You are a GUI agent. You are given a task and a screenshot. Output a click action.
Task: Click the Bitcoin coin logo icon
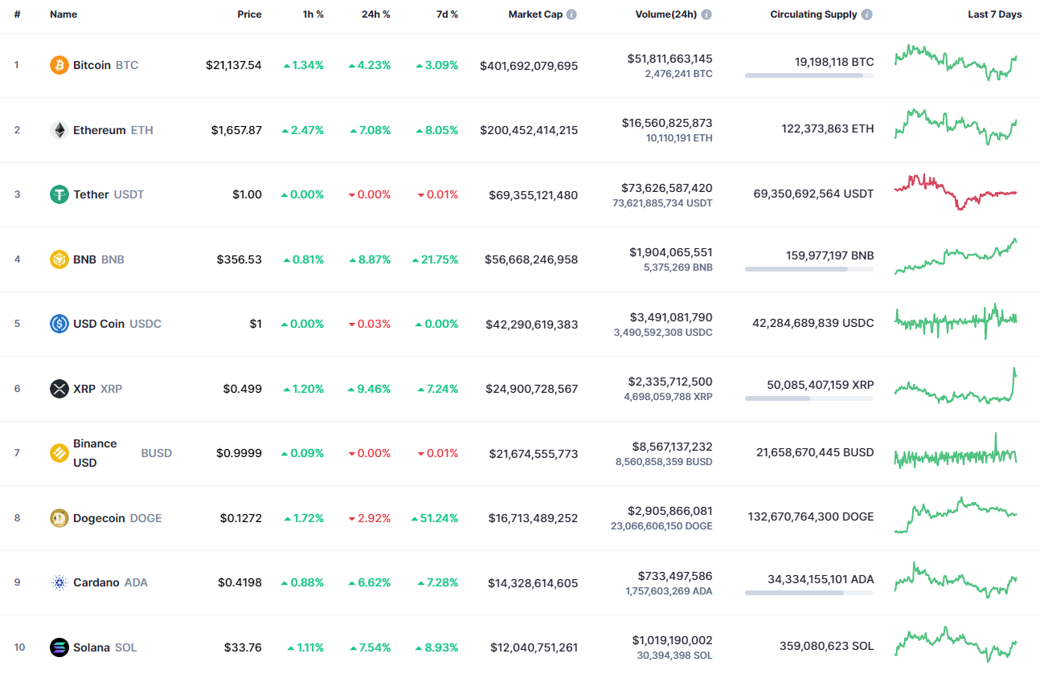coord(59,65)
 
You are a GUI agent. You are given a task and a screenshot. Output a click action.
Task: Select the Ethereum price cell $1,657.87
coord(236,130)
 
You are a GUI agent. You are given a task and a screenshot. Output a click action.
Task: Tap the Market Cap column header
coord(535,14)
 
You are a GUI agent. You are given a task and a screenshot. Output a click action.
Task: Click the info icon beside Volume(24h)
coord(706,14)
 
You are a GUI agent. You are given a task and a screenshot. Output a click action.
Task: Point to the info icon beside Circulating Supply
coord(867,14)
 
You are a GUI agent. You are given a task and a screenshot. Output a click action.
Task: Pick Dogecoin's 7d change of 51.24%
coord(437,518)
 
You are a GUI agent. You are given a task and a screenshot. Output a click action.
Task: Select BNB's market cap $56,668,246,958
coord(531,259)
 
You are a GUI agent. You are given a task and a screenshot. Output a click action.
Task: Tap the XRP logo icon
coord(59,389)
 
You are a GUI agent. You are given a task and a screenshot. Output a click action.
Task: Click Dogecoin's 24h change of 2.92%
coord(370,518)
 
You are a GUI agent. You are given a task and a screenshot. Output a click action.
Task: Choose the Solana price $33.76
coord(243,647)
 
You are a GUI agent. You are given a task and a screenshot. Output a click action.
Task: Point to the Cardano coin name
coord(96,582)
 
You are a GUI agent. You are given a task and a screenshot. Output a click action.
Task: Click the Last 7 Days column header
coord(994,14)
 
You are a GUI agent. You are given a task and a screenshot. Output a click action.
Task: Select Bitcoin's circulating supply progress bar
coord(809,76)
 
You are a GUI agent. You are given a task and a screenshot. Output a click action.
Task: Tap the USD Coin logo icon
coord(59,324)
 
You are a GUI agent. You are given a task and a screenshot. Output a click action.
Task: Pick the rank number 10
coord(19,647)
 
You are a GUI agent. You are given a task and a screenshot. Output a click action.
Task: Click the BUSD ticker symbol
coord(157,453)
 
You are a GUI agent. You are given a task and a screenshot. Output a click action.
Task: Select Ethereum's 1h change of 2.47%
coord(303,130)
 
